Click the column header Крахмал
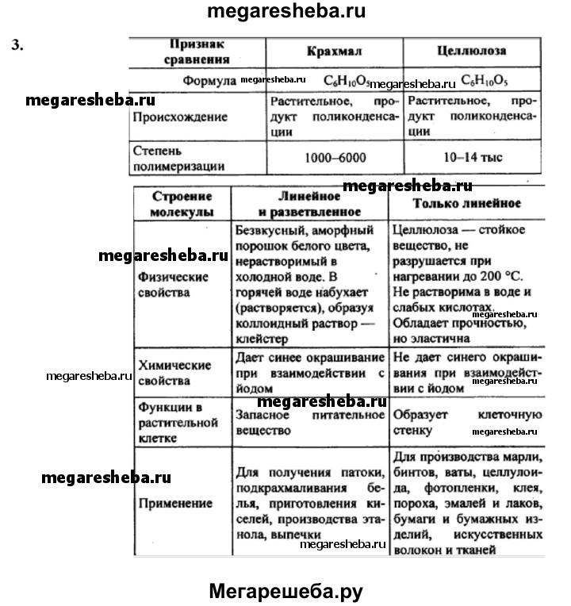[x=334, y=51]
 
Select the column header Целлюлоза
[x=471, y=51]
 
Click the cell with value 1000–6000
[x=335, y=158]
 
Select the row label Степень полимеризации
[x=167, y=158]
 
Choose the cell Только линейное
[x=467, y=203]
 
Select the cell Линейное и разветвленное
[x=309, y=205]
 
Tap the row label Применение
[x=164, y=503]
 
